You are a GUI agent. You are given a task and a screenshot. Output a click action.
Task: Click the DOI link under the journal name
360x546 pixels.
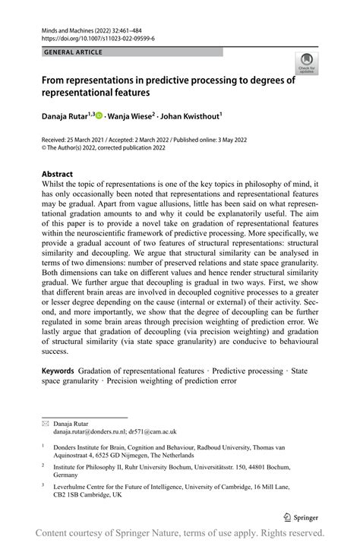click(88, 37)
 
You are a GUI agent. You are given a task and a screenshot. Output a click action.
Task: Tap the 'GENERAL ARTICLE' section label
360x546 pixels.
click(74, 52)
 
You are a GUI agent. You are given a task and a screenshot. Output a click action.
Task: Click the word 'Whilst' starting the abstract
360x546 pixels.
click(55, 185)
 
